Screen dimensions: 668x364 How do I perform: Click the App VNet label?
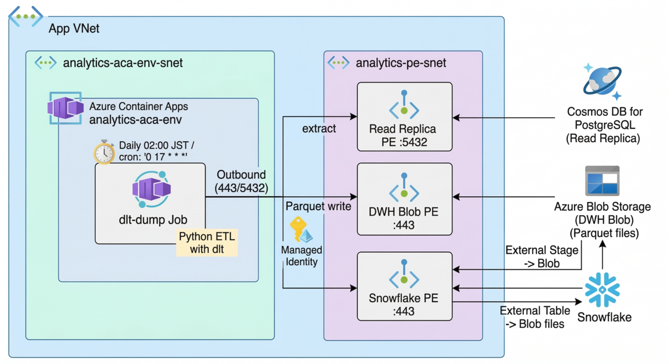pyautogui.click(x=74, y=28)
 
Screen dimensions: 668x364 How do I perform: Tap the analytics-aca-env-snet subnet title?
pyautogui.click(x=123, y=63)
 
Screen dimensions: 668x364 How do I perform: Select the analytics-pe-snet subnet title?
pyautogui.click(x=401, y=63)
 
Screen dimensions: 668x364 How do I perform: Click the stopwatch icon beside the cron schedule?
pyautogui.click(x=104, y=152)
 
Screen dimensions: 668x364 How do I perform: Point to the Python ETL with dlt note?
pyautogui.click(x=207, y=242)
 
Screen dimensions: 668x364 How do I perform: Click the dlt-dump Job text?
pyautogui.click(x=153, y=220)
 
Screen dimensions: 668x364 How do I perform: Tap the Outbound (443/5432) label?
pyautogui.click(x=241, y=181)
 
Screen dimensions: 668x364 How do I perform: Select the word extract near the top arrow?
pyautogui.click(x=319, y=128)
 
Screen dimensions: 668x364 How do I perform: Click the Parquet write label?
pyautogui.click(x=318, y=206)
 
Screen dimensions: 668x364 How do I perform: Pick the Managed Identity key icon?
pyautogui.click(x=301, y=230)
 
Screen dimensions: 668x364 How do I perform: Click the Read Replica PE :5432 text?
pyautogui.click(x=402, y=136)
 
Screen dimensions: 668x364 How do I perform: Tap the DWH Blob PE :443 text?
pyautogui.click(x=404, y=218)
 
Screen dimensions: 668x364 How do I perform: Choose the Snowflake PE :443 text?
pyautogui.click(x=404, y=305)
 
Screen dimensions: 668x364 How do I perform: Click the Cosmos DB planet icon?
pyautogui.click(x=602, y=81)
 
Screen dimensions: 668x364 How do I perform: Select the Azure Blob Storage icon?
pyautogui.click(x=602, y=181)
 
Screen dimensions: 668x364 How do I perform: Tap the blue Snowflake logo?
pyautogui.click(x=602, y=290)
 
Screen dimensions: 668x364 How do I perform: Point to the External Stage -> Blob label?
pyautogui.click(x=542, y=257)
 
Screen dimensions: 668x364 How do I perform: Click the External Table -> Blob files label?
pyautogui.click(x=535, y=317)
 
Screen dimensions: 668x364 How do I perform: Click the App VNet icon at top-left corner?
pyautogui.click(x=26, y=17)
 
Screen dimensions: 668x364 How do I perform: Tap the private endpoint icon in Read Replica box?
pyautogui.click(x=404, y=104)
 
